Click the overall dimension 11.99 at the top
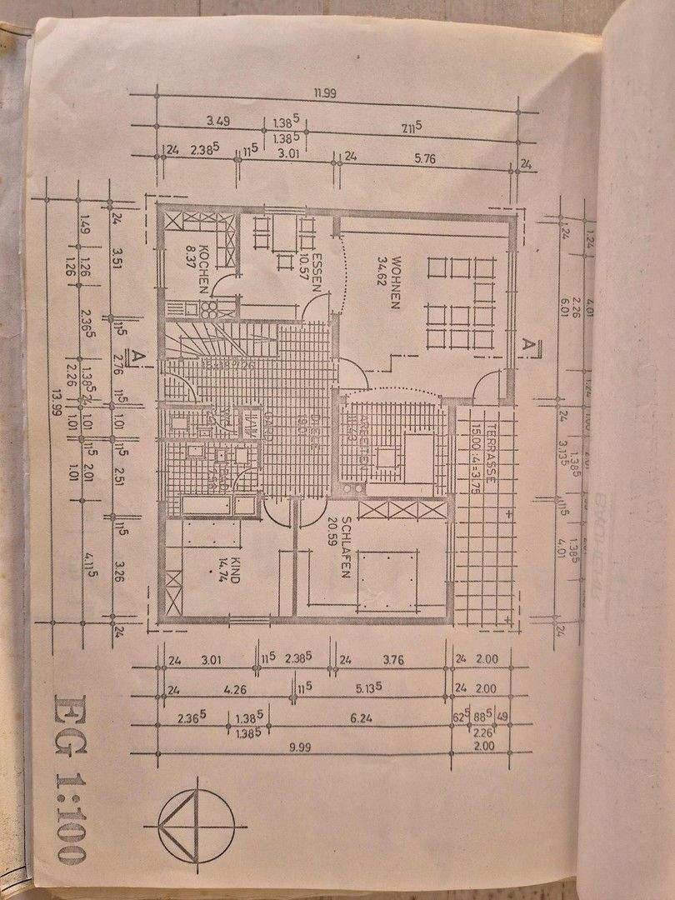click(x=324, y=93)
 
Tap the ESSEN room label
click(x=317, y=267)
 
